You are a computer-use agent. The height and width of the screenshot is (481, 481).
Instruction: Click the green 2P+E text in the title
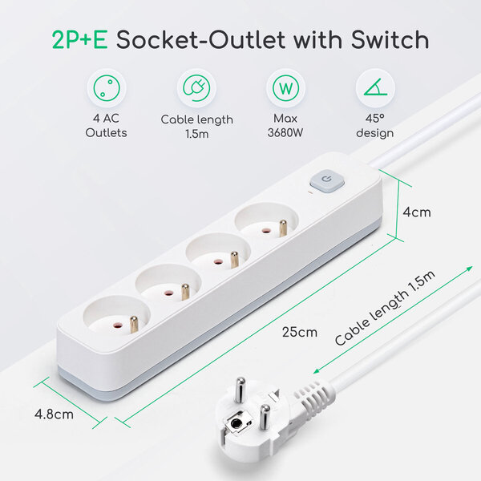click(79, 40)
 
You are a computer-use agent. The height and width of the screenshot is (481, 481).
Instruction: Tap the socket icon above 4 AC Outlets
click(105, 86)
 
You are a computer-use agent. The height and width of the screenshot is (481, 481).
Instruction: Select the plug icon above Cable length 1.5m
click(196, 86)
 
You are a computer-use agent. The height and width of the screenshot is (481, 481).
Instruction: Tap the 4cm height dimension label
click(417, 212)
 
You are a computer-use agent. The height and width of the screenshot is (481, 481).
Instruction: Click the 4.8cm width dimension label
click(54, 414)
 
